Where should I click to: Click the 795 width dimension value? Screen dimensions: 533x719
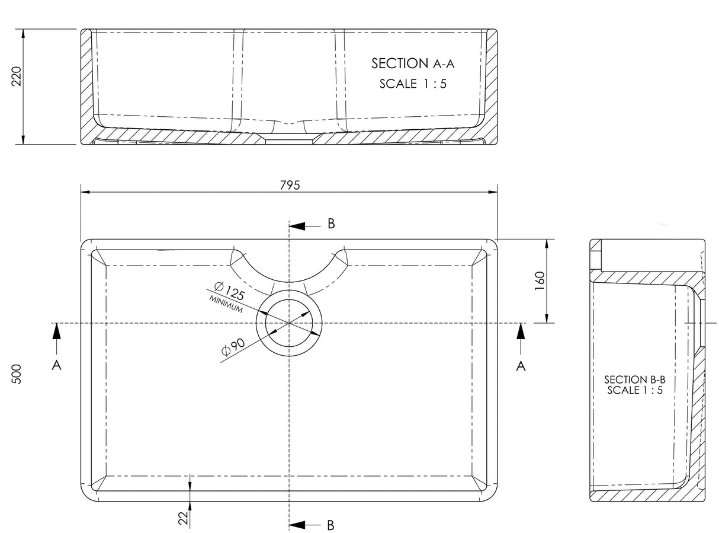[x=290, y=184]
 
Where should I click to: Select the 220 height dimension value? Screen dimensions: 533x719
[x=17, y=76]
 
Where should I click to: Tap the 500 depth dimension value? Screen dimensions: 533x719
[x=17, y=374]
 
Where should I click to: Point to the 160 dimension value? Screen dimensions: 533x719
[x=539, y=281]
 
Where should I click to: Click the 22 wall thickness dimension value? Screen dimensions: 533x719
[x=183, y=518]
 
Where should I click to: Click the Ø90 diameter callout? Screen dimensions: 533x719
[x=233, y=347]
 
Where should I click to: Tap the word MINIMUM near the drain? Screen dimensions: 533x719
[x=226, y=304]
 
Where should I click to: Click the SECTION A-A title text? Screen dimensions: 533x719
[x=412, y=63]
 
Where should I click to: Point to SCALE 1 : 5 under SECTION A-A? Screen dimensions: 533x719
[x=413, y=84]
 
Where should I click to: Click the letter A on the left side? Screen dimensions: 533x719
[x=57, y=366]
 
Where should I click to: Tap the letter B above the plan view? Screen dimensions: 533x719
[x=331, y=224]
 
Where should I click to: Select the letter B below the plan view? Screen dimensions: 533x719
[x=331, y=525]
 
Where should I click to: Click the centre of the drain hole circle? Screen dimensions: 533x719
[x=289, y=323]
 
